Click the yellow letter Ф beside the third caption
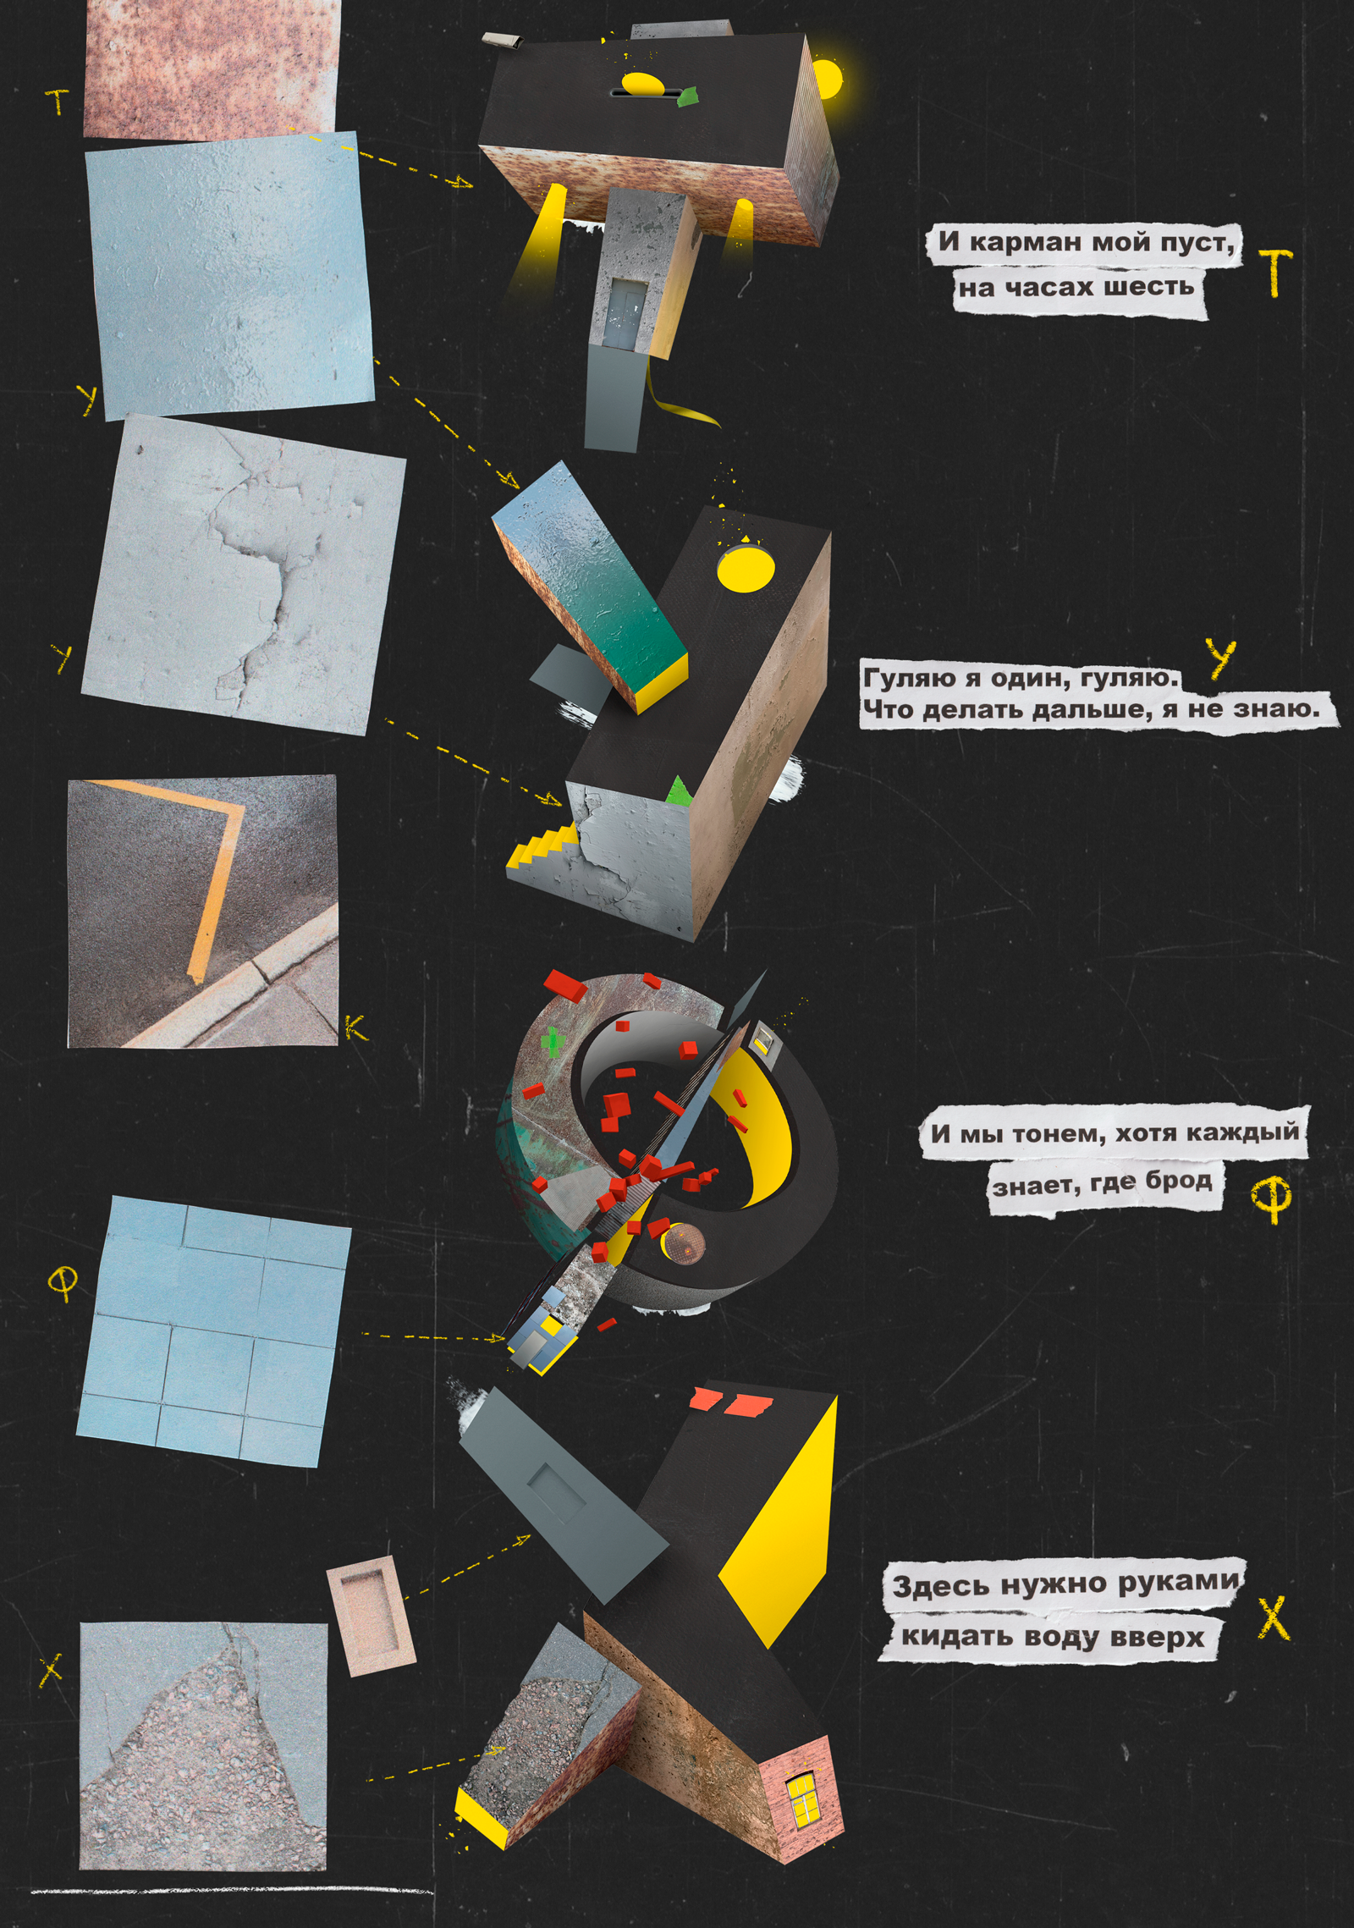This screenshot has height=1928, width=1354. click(x=1270, y=1198)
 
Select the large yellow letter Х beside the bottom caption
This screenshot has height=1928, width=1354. click(x=1274, y=1617)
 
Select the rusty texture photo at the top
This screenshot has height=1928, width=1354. click(x=212, y=68)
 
